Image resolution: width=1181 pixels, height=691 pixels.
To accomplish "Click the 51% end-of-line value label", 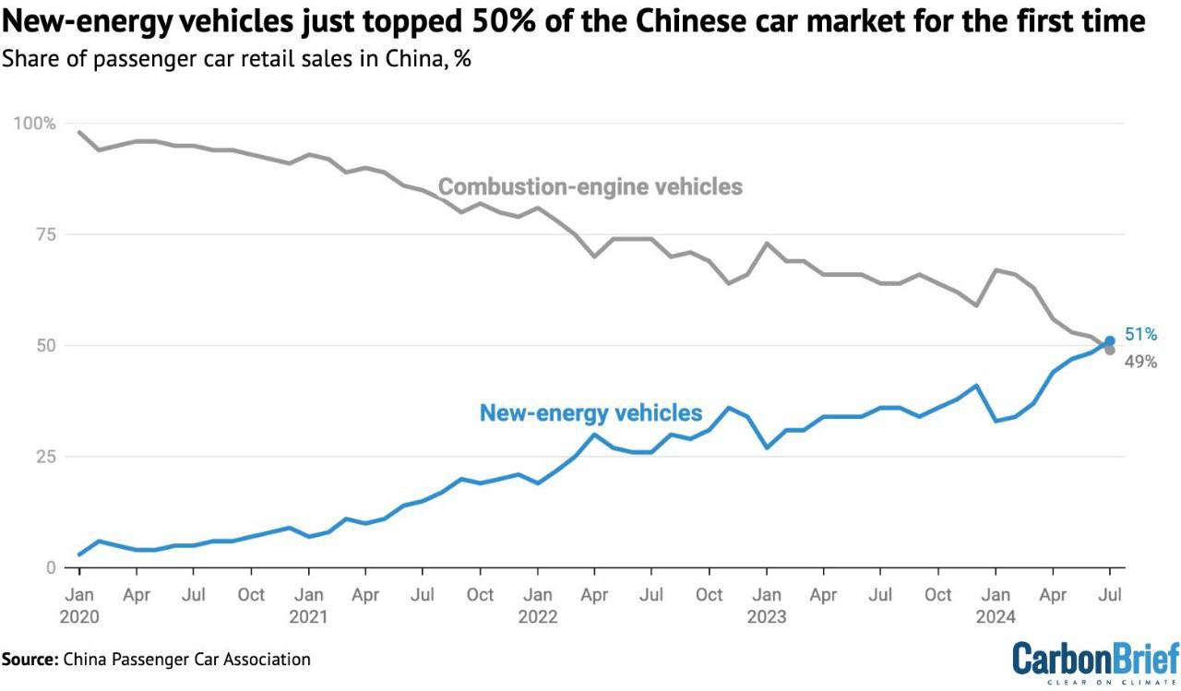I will [1140, 334].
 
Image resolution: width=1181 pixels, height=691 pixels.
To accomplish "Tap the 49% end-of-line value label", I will [1140, 362].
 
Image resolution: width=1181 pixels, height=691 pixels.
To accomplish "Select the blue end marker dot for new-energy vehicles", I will [1110, 341].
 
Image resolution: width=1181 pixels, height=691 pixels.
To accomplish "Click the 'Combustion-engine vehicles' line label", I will [590, 187].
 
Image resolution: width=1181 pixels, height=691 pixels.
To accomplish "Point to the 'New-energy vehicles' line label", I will [590, 412].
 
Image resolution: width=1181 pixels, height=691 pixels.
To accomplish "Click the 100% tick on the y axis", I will [35, 124].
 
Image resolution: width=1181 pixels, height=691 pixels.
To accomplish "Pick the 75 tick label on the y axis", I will [44, 234].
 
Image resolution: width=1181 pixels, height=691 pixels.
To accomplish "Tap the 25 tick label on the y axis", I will [44, 457].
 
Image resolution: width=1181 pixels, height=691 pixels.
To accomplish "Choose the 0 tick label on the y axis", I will [51, 567].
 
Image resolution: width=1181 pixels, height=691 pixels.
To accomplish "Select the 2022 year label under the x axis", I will [539, 616].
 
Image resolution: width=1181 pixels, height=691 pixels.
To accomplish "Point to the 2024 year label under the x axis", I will [996, 616].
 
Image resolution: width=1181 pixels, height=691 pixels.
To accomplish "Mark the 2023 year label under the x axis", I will [768, 616].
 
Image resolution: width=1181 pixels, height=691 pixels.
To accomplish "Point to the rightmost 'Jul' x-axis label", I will [1111, 595].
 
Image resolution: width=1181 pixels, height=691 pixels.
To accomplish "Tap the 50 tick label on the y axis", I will [44, 346].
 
